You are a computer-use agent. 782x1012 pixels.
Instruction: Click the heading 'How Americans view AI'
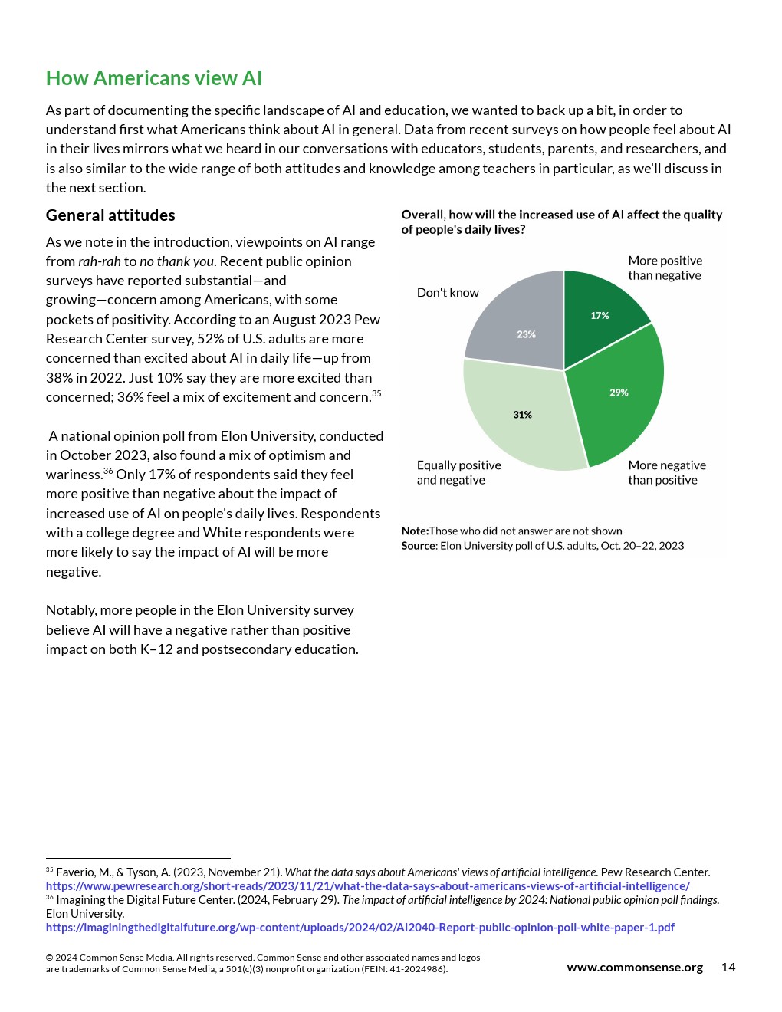154,78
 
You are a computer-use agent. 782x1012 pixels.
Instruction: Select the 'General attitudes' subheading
110,215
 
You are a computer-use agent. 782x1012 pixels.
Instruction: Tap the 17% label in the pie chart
600,316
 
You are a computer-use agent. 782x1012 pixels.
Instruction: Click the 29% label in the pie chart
619,393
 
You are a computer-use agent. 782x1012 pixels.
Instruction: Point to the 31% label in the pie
522,415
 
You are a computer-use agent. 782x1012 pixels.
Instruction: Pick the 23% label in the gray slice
526,334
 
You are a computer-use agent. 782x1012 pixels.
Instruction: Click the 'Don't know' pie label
448,293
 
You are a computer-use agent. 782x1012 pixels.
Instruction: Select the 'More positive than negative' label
665,268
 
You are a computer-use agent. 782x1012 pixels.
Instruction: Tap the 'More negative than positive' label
666,472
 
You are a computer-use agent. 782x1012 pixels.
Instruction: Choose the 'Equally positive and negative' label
458,472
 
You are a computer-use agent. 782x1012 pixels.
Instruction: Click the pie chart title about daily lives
561,222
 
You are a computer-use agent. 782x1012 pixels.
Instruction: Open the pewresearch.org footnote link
367,886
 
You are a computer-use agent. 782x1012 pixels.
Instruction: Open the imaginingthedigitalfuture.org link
360,928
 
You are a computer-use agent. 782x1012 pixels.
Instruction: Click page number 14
728,968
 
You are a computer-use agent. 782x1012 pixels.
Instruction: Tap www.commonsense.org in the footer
635,968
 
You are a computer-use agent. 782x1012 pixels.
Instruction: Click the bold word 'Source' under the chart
419,546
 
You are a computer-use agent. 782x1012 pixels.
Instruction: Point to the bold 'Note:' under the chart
415,531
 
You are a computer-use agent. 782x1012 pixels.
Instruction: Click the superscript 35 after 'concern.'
376,393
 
